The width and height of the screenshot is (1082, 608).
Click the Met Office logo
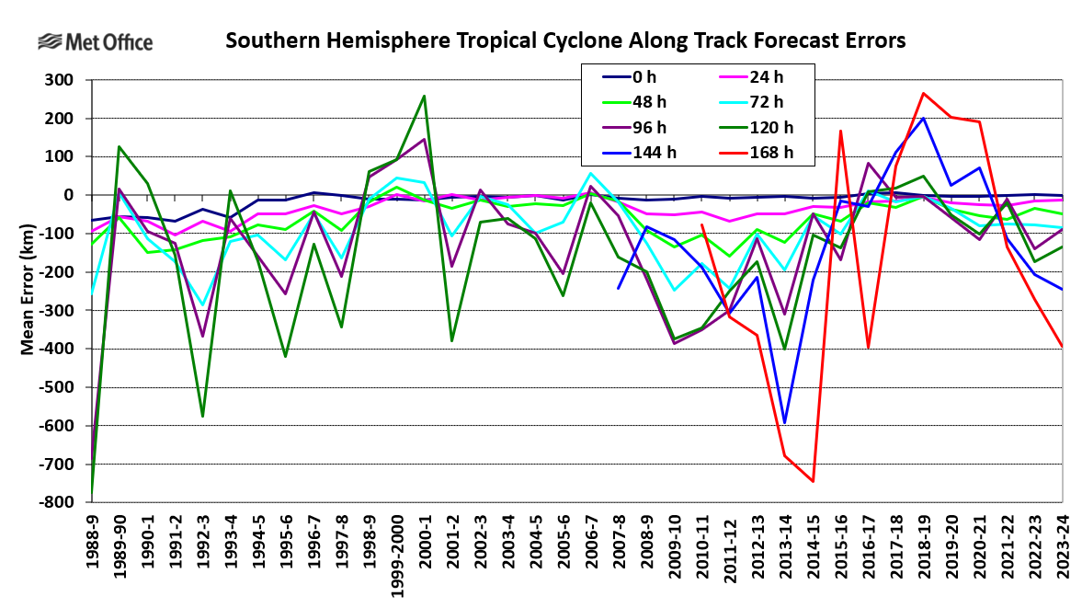(x=95, y=42)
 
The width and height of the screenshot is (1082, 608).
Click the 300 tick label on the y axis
(x=60, y=80)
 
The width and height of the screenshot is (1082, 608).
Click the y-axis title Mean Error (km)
(x=28, y=291)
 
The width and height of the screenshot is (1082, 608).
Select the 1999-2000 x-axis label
(x=396, y=553)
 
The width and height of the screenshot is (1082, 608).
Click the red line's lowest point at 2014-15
(x=813, y=481)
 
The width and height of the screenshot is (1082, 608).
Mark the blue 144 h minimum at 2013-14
(x=785, y=423)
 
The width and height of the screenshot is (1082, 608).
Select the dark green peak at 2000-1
(x=424, y=96)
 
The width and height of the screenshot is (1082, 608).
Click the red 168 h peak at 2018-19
(x=924, y=93)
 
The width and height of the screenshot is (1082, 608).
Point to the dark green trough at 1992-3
(x=202, y=417)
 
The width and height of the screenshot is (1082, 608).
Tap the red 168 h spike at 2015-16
(x=841, y=131)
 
